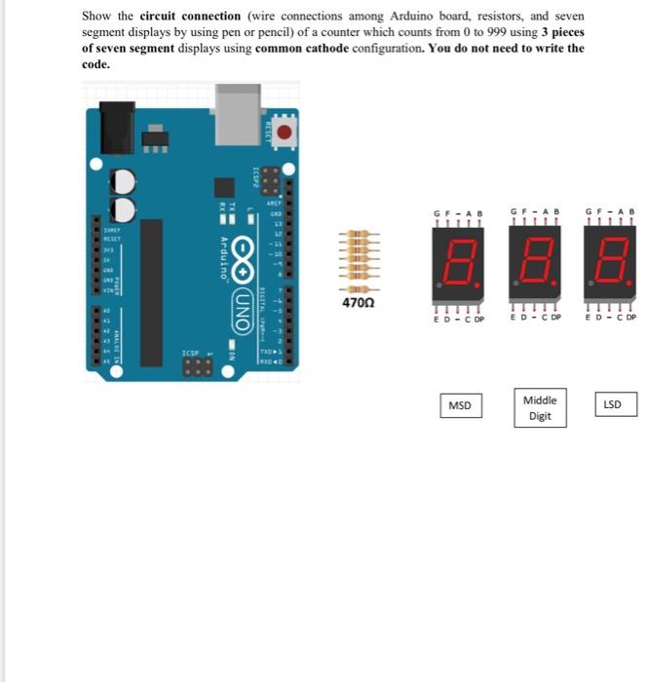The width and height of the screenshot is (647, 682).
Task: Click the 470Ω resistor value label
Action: pyautogui.click(x=358, y=304)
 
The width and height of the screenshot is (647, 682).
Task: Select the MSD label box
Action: pyautogui.click(x=460, y=405)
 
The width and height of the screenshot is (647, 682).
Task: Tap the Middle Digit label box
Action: pyautogui.click(x=540, y=407)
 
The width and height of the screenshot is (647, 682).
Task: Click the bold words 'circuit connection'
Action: pyautogui.click(x=190, y=17)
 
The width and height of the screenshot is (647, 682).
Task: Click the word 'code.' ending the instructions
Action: pyautogui.click(x=95, y=64)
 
